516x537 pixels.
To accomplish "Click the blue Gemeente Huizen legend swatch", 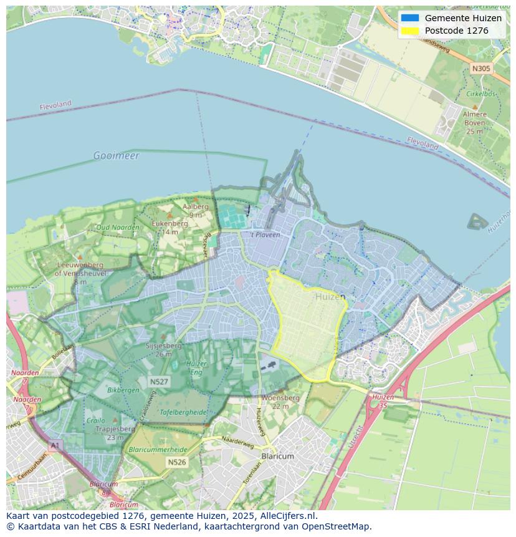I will point(410,18).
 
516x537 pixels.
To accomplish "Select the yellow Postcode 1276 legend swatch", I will point(410,31).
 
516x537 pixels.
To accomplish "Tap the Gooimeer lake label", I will point(117,155).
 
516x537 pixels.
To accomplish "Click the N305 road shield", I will point(480,69).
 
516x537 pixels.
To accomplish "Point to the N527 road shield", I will point(158,381).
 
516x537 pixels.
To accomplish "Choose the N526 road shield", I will point(176,462).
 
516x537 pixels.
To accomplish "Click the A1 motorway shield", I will point(55,445).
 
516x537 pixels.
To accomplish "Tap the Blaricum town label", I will point(277,456).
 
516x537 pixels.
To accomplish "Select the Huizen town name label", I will point(330,297).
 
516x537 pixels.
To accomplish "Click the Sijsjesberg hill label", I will point(163,345).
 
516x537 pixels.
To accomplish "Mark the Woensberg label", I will point(280,397).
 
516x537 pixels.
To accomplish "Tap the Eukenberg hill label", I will point(170,223).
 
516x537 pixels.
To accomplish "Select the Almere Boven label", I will point(474,123).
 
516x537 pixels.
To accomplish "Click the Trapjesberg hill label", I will point(116,429).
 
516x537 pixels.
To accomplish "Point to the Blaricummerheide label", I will point(156,449).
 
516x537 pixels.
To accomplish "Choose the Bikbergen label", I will point(123,390).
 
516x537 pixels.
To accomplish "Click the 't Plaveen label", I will point(265,235).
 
